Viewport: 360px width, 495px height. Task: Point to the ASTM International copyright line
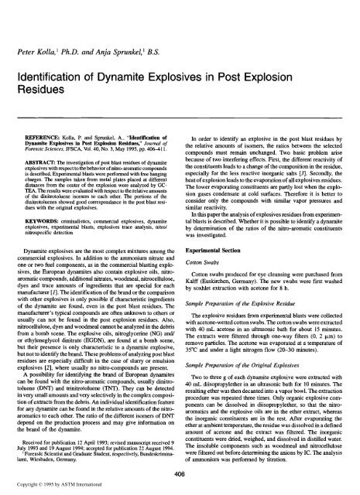coord(67,486)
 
